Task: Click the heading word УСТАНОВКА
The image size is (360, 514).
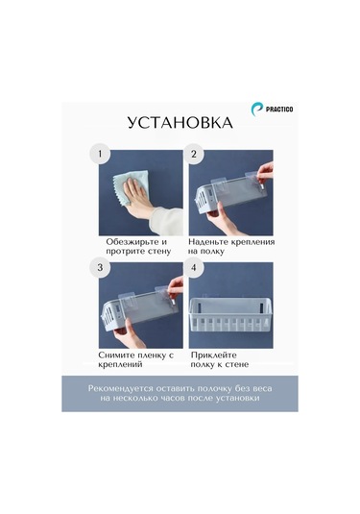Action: point(180,123)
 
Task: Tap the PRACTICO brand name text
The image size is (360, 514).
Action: point(279,110)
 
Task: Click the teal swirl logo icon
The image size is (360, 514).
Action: point(257,109)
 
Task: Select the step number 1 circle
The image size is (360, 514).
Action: point(100,154)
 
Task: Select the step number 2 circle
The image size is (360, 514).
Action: point(194,154)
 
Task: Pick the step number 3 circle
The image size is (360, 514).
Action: point(100,267)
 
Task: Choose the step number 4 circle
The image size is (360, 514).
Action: point(194,267)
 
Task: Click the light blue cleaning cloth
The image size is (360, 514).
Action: point(131,188)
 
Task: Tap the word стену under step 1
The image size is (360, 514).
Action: point(159,252)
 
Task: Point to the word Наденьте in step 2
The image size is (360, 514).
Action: point(208,242)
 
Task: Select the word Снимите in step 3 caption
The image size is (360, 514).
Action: point(115,355)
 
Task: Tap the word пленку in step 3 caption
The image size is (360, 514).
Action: point(151,355)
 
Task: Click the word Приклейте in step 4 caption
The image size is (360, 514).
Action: point(214,355)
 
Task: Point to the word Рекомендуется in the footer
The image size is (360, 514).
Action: point(121,389)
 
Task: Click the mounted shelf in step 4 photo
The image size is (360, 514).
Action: point(231,314)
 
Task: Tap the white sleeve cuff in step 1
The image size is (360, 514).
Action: point(166,221)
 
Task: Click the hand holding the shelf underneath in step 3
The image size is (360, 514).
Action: point(130,334)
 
